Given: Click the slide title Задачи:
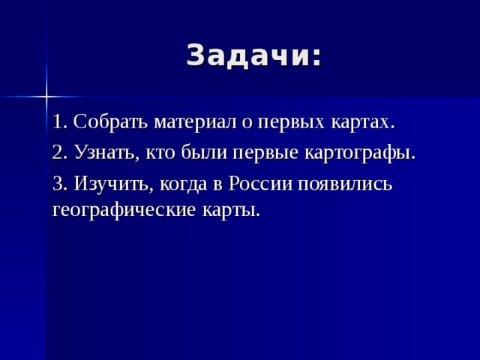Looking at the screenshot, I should click(x=253, y=56).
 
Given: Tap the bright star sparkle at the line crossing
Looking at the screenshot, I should click(x=46, y=96).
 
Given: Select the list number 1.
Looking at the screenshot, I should click(x=60, y=121).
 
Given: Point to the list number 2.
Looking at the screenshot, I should click(x=60, y=153).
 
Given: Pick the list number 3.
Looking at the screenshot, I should click(x=60, y=184).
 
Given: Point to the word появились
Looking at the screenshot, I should click(x=346, y=185).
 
